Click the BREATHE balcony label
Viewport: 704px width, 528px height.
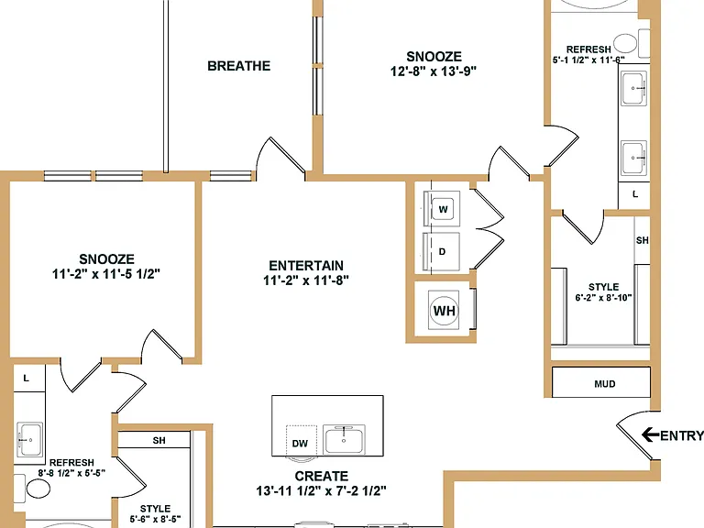click(x=239, y=66)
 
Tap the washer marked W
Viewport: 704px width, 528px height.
click(x=442, y=209)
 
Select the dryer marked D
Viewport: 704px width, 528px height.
click(x=442, y=251)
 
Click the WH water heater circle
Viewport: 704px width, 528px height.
click(x=444, y=310)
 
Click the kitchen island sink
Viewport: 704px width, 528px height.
click(x=344, y=439)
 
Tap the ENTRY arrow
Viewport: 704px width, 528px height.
click(x=651, y=434)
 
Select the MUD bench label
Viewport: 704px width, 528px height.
click(x=604, y=384)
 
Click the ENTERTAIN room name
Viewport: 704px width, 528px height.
click(x=306, y=265)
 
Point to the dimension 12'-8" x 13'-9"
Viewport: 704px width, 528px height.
click(x=434, y=71)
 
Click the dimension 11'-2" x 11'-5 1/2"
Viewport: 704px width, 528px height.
click(x=106, y=274)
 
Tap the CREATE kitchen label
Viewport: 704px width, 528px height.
click(x=322, y=476)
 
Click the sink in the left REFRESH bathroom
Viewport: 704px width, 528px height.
click(x=29, y=439)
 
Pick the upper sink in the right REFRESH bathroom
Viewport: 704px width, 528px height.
click(x=634, y=88)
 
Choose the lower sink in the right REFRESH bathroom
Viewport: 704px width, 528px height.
click(x=634, y=158)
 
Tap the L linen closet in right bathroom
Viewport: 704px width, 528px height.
click(x=634, y=195)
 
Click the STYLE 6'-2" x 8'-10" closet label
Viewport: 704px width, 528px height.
click(x=603, y=291)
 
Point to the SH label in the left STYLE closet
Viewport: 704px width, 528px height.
click(x=159, y=440)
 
